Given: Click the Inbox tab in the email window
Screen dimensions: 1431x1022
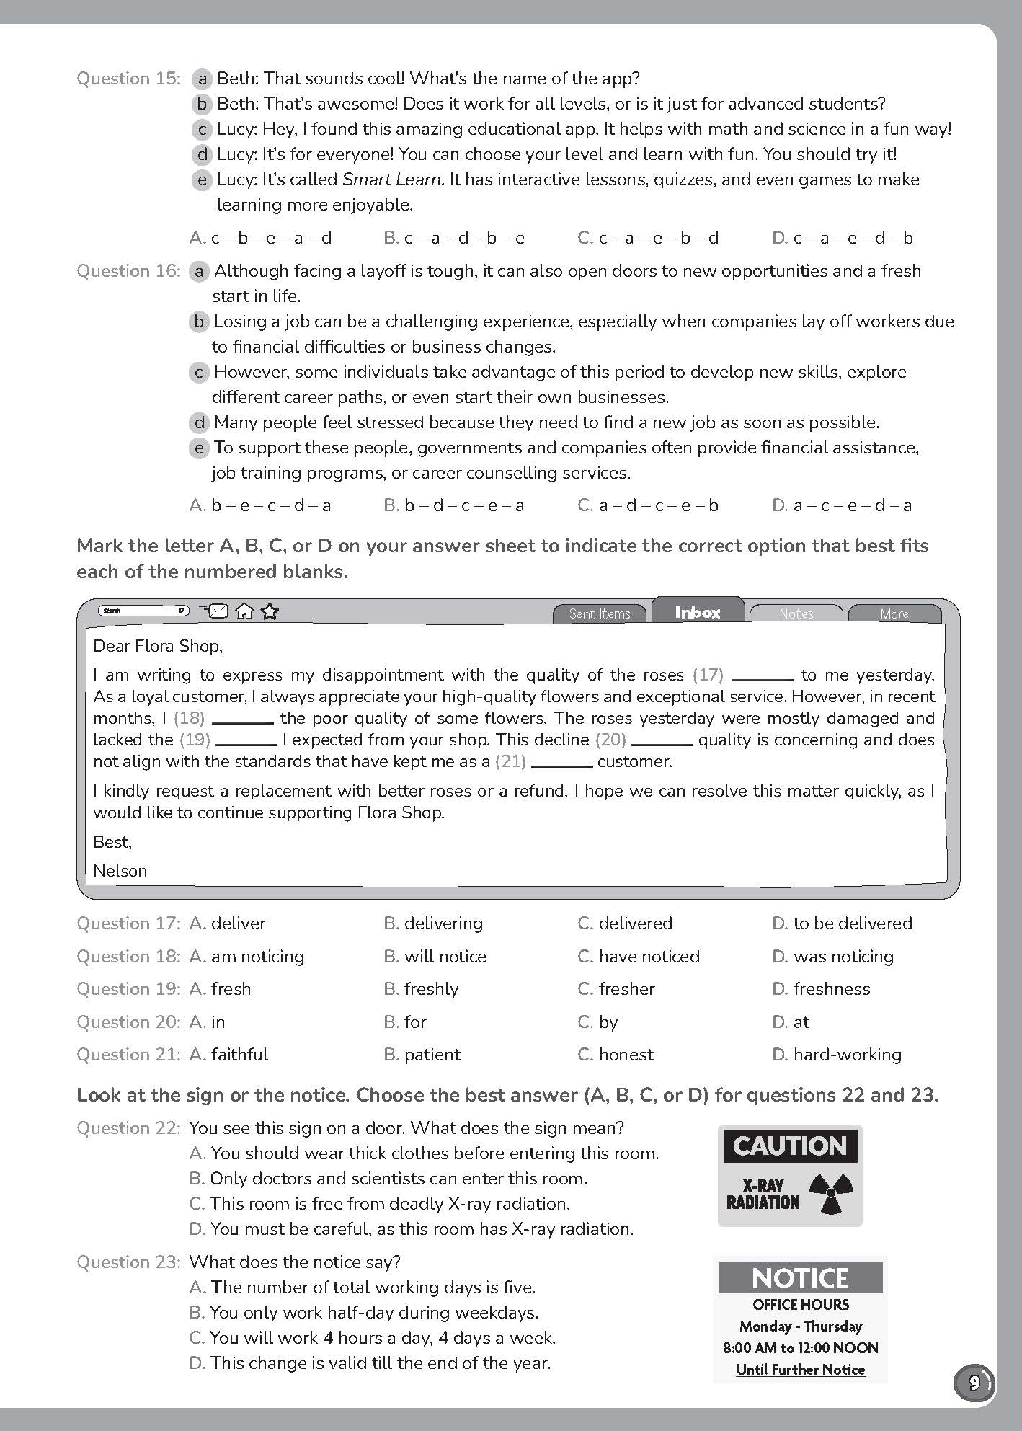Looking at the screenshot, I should pos(698,612).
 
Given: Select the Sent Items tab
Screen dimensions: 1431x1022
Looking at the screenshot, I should pos(599,613).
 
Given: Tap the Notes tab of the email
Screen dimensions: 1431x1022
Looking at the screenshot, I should pos(796,613).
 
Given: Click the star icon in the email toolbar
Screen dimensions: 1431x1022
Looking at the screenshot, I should pos(270,611).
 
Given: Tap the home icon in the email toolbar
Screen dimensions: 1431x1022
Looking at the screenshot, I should pos(245,611).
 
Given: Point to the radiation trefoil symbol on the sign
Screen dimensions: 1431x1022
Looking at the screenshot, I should pos(831,1193).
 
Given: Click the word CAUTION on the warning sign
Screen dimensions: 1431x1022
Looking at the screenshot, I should pos(789,1146).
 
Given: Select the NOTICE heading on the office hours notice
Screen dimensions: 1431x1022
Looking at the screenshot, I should pos(800,1279).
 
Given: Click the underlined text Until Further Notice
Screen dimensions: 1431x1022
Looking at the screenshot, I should pos(800,1370).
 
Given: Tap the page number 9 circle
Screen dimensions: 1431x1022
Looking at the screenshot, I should pos(974,1383).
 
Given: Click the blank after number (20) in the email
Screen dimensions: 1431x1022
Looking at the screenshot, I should pos(662,740).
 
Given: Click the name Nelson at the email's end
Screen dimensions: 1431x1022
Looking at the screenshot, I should pos(120,871).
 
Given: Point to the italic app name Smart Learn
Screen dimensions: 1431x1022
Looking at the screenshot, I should pos(391,180).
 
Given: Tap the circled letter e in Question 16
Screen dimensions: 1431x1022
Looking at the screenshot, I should pos(199,448).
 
